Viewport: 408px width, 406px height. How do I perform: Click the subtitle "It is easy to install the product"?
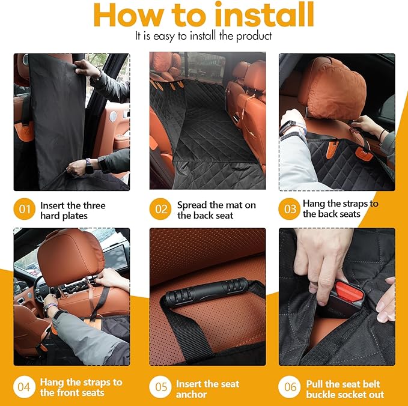(204, 36)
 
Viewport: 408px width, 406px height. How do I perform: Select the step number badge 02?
(161, 210)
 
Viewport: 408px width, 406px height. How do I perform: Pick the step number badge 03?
(290, 209)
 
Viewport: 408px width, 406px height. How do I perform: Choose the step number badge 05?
(161, 387)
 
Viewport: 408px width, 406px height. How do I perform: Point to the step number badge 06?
(290, 387)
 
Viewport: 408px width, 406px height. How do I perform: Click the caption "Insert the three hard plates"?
(73, 210)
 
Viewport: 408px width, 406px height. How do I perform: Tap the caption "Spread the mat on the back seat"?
(216, 210)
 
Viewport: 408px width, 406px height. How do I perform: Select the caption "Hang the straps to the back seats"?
(340, 208)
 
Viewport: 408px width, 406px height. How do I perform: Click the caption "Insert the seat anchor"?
(207, 389)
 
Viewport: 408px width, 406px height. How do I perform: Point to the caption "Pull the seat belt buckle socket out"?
(345, 389)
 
